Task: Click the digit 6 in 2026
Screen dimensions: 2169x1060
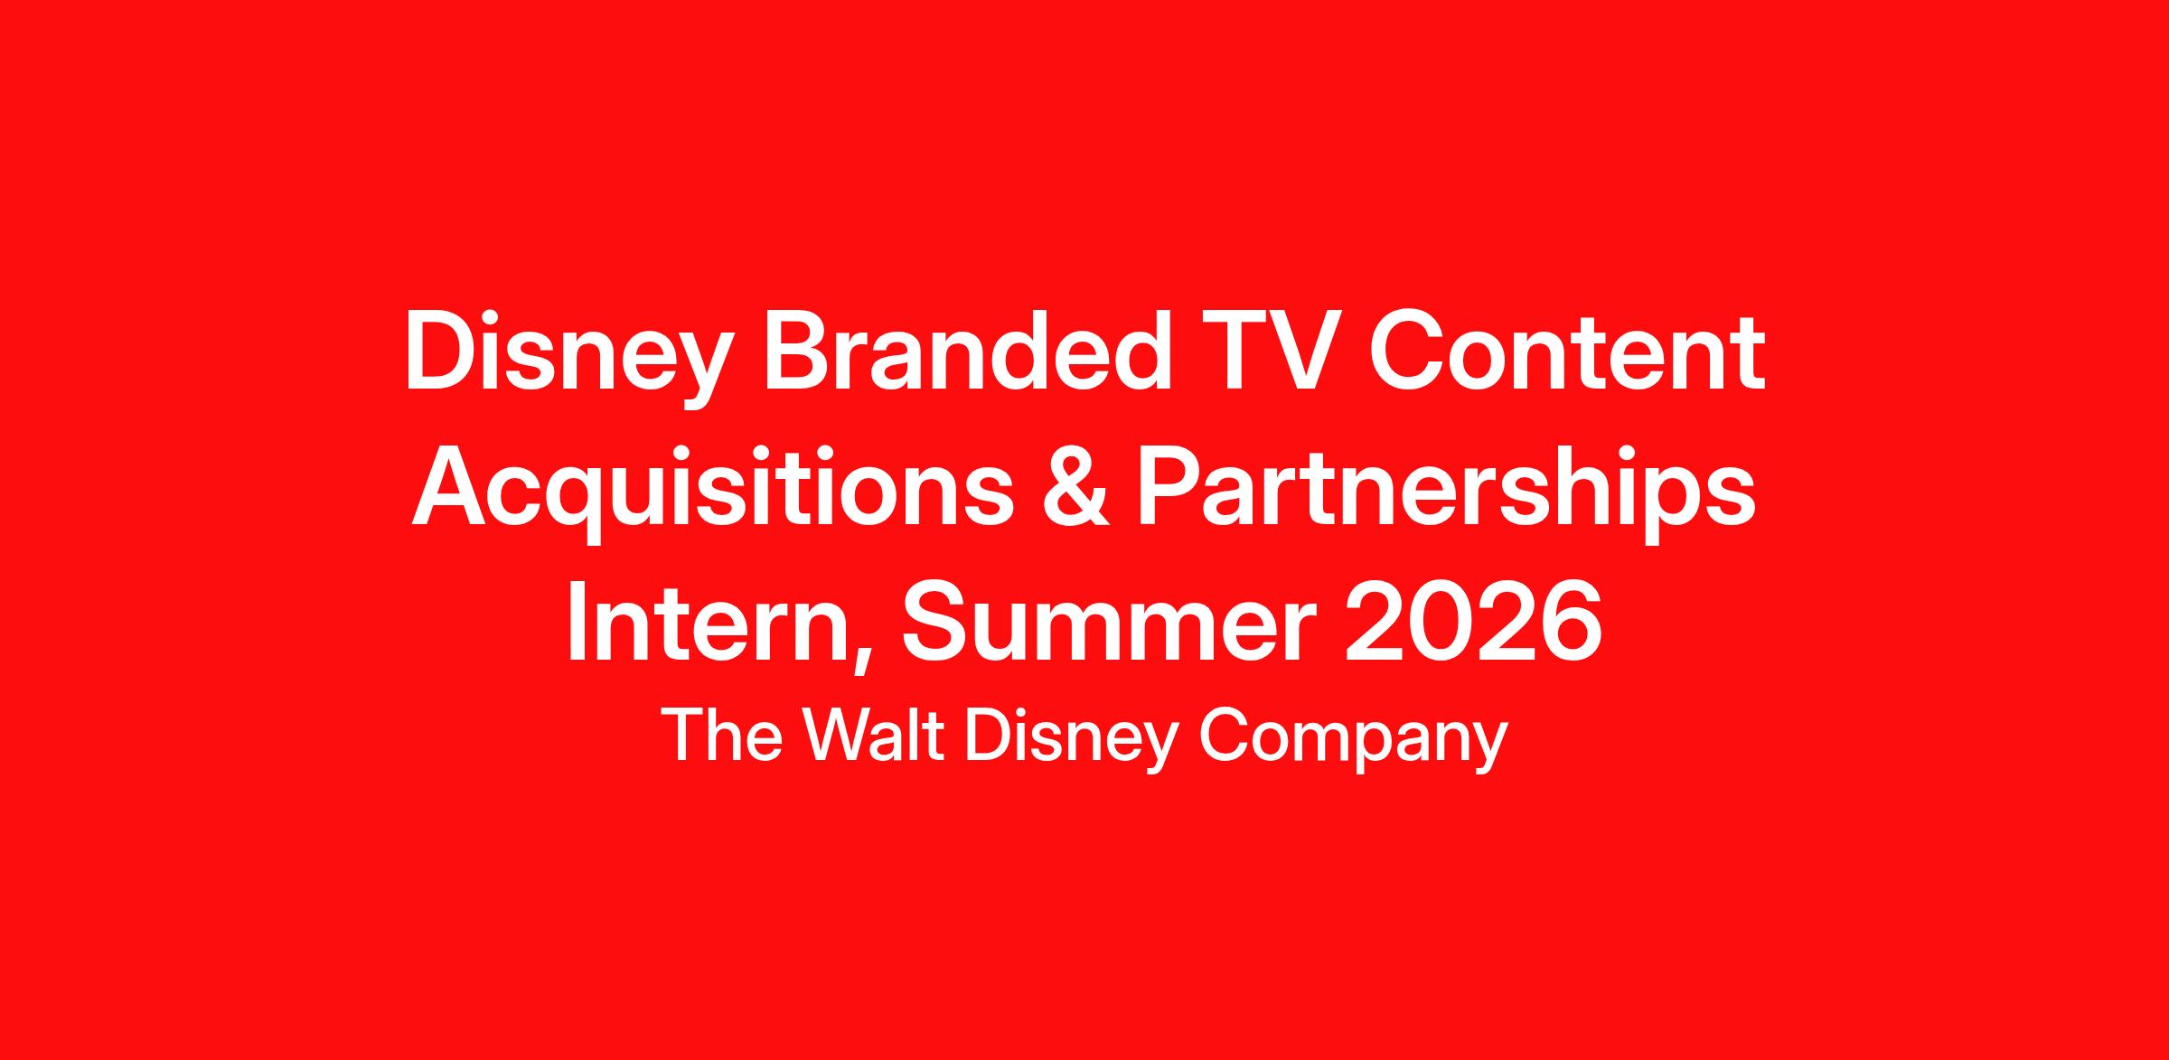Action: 1573,624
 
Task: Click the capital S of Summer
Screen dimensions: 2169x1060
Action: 935,624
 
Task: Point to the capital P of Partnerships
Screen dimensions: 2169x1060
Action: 1171,488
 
